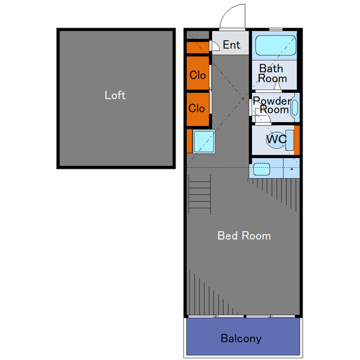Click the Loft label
[x=115, y=95]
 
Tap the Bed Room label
[x=244, y=236]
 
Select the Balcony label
[x=241, y=339]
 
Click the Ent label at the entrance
[x=231, y=45]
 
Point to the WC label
[x=276, y=139]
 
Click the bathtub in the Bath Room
[x=276, y=45]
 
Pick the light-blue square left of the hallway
[x=204, y=141]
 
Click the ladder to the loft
[x=200, y=194]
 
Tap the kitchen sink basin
[x=262, y=169]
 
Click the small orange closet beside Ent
[x=197, y=48]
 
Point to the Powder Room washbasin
[x=295, y=107]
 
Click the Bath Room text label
[x=272, y=74]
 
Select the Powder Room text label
[x=272, y=105]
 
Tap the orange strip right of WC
[x=297, y=140]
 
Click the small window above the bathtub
[x=276, y=29]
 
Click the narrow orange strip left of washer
[x=189, y=141]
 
